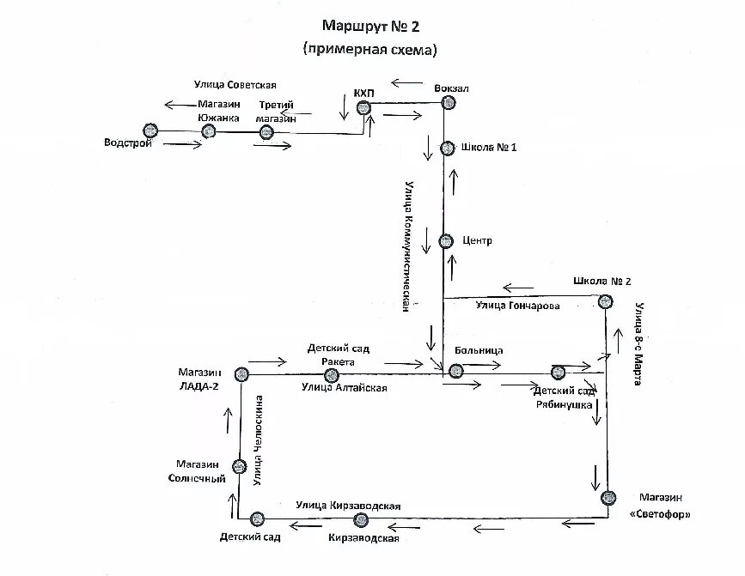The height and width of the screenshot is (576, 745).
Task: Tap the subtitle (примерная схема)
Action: coord(370,50)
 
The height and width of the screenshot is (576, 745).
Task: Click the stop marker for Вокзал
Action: coord(448,103)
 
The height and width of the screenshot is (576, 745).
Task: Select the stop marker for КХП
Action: coord(363,107)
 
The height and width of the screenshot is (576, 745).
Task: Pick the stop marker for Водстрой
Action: coord(150,130)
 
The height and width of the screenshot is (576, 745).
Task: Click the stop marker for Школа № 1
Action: coord(447,149)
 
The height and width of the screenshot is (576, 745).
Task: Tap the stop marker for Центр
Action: coord(445,241)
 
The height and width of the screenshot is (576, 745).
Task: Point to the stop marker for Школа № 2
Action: coord(606,301)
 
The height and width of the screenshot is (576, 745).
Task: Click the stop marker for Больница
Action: coord(455,371)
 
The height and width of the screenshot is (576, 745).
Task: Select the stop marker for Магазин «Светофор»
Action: coord(609,497)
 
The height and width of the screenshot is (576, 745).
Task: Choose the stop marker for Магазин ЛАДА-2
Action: coord(241,373)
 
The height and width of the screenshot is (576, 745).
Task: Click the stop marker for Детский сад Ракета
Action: coord(333,375)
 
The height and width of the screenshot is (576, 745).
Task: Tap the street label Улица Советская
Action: coord(235,84)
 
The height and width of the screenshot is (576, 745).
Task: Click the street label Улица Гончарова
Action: coord(517,306)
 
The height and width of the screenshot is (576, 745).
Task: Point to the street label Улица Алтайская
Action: coord(344,388)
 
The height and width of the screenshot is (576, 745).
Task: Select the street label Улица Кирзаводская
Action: coord(348,506)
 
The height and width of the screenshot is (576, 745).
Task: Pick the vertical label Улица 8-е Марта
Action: coord(638,343)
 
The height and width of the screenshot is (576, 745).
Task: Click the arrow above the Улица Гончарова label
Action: coord(519,288)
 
